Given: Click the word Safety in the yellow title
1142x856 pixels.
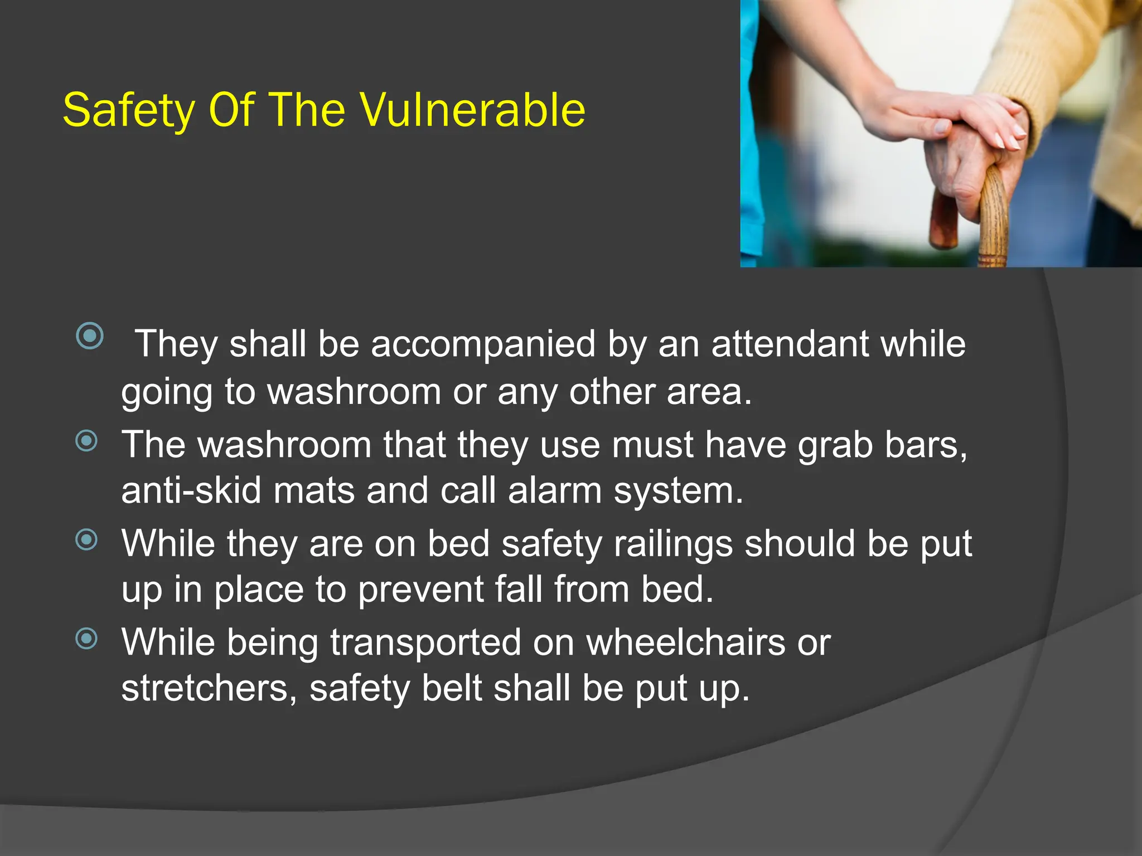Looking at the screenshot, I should tap(129, 110).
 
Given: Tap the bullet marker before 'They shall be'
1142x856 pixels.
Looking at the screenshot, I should tap(90, 336).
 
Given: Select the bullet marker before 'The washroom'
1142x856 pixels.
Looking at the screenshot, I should tap(86, 441).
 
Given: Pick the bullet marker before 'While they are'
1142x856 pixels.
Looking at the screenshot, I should tap(86, 539).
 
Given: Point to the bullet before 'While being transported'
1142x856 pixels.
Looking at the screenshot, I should tap(86, 638).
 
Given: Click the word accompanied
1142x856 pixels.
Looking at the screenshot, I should tap(483, 344).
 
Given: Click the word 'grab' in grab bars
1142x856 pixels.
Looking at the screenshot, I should tap(835, 446).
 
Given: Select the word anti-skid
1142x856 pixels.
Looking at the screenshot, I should tap(191, 491).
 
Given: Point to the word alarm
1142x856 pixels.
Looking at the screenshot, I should tap(555, 491).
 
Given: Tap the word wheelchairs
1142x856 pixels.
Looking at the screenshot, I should tap(686, 642).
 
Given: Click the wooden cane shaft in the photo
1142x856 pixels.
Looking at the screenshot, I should tap(994, 223).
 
